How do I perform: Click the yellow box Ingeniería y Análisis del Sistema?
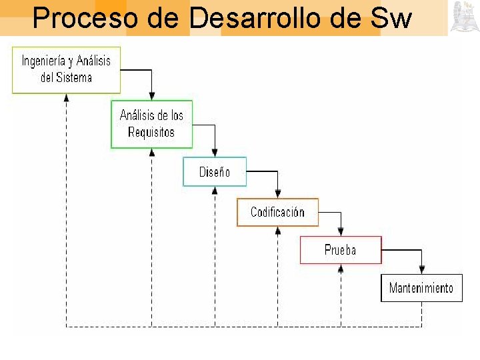pyautogui.click(x=66, y=69)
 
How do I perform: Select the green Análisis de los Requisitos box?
pyautogui.click(x=151, y=123)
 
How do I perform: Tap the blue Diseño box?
pyautogui.click(x=215, y=171)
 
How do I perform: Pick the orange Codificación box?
pyautogui.click(x=277, y=212)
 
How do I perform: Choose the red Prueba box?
pyautogui.click(x=340, y=250)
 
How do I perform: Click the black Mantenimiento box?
pyautogui.click(x=421, y=288)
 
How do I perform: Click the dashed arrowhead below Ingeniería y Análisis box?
pyautogui.click(x=66, y=97)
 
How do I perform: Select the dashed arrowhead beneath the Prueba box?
pyautogui.click(x=341, y=269)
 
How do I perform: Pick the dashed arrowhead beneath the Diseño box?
pyautogui.click(x=215, y=191)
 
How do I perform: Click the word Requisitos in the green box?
pyautogui.click(x=151, y=132)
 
